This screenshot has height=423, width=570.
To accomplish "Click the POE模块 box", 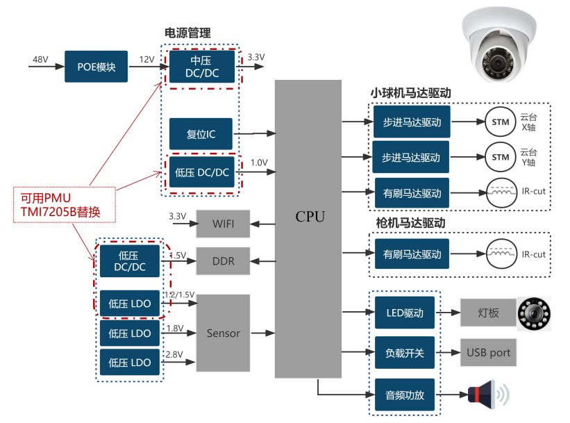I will click(96, 67).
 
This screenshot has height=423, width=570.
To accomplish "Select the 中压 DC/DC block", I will click(203, 67).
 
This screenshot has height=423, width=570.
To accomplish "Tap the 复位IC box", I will click(201, 133).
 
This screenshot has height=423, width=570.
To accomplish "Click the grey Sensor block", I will click(223, 333).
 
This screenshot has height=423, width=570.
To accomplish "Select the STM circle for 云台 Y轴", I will click(500, 157).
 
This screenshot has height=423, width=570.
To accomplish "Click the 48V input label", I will click(40, 59).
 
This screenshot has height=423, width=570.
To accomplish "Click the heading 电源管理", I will click(187, 33).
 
